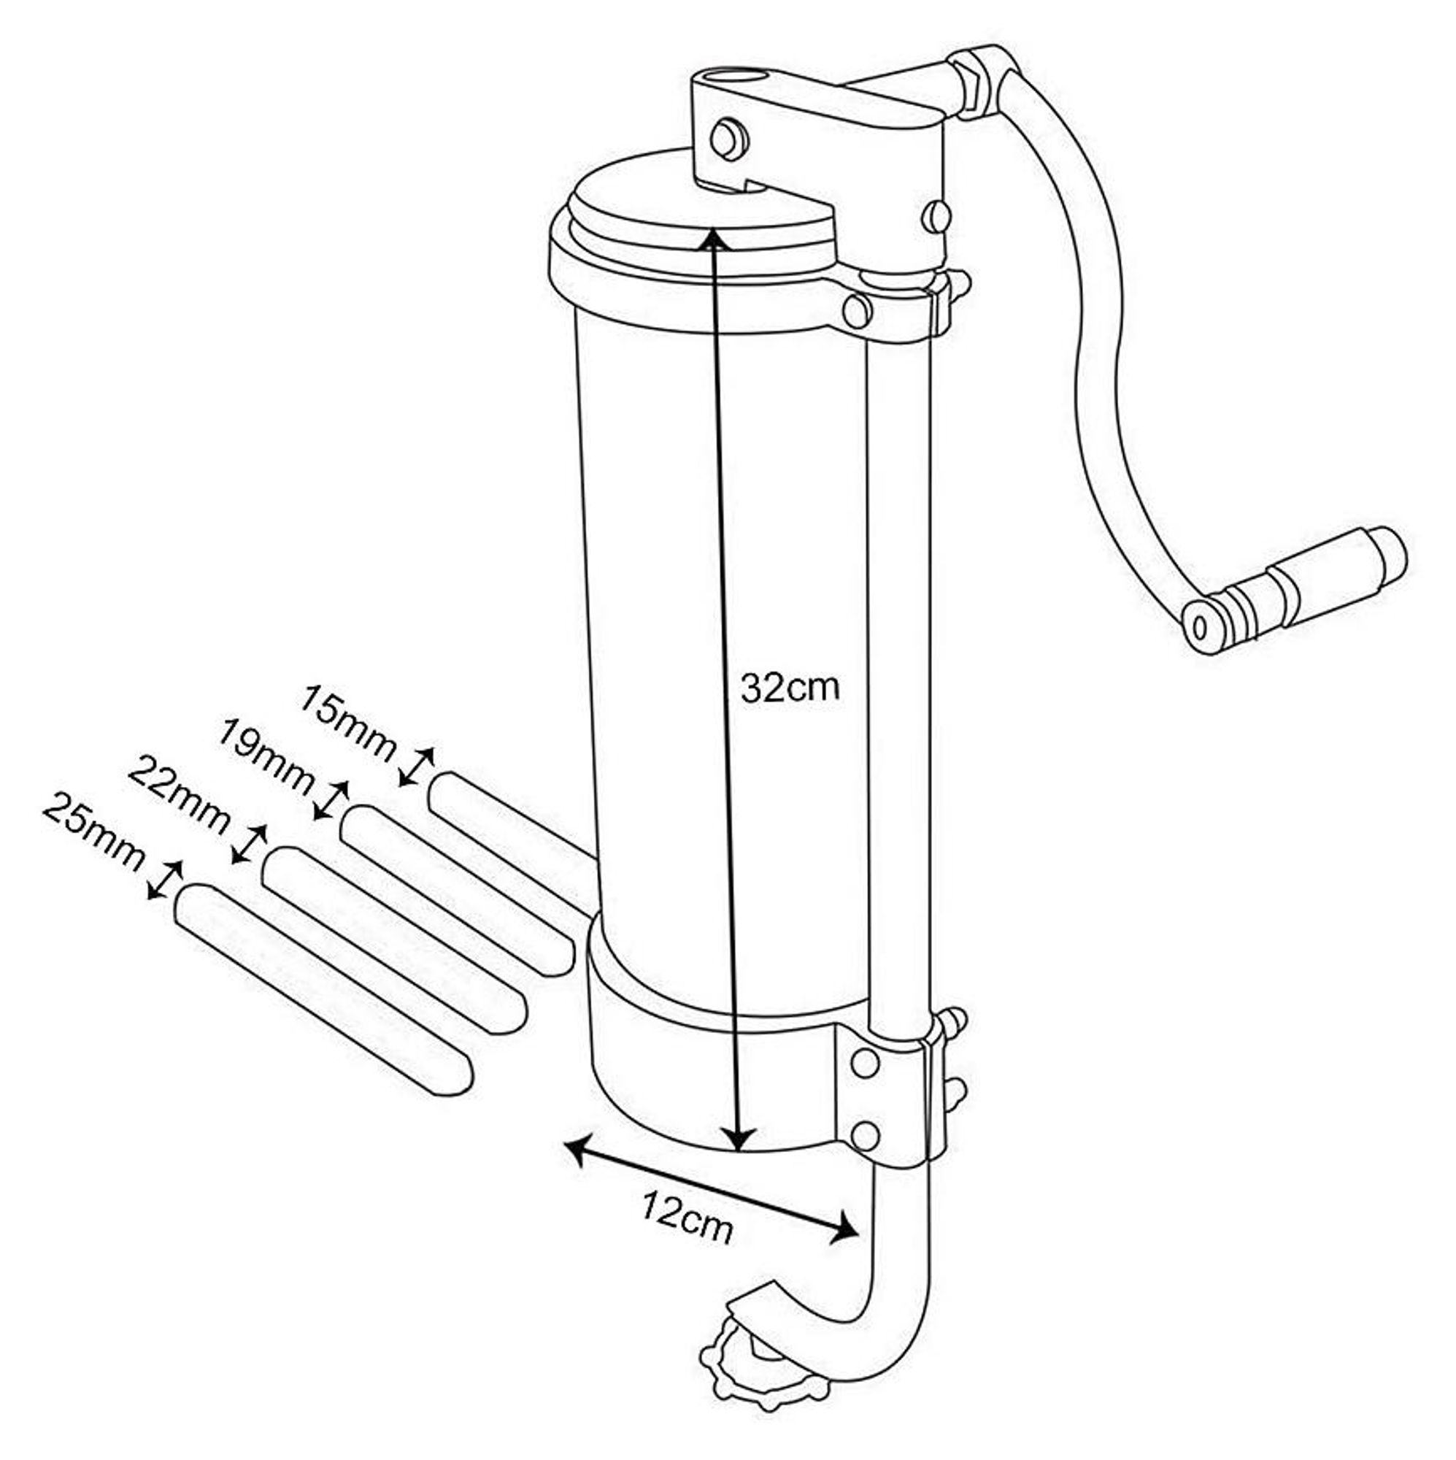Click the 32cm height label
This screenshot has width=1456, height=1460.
tap(790, 688)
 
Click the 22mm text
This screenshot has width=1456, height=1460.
tap(179, 796)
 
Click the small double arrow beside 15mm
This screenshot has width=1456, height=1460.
tap(417, 766)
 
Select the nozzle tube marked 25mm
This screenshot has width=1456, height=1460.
tap(323, 991)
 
